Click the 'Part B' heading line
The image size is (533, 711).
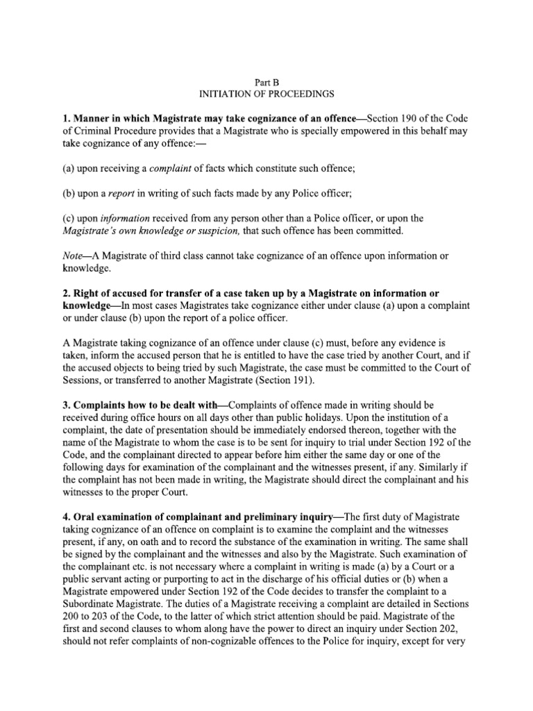pos(266,81)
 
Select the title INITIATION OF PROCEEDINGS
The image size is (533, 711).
pos(266,93)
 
